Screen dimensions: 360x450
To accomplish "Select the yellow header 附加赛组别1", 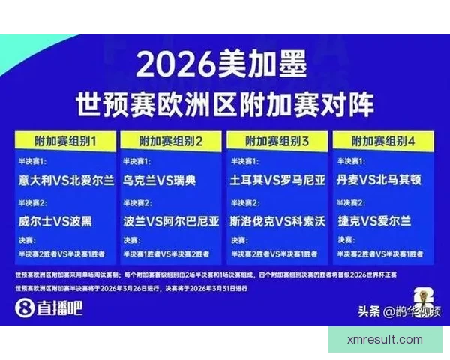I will [x=65, y=141].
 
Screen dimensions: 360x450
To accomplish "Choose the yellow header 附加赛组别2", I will [x=172, y=141].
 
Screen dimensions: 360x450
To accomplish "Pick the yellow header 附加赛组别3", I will [x=277, y=141].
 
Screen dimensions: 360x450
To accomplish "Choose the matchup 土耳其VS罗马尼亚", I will [x=277, y=181].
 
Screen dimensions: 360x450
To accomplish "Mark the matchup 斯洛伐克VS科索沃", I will [x=277, y=222].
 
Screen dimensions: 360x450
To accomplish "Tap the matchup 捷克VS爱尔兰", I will [x=377, y=222].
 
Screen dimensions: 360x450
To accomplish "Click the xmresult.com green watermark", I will [x=385, y=340].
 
